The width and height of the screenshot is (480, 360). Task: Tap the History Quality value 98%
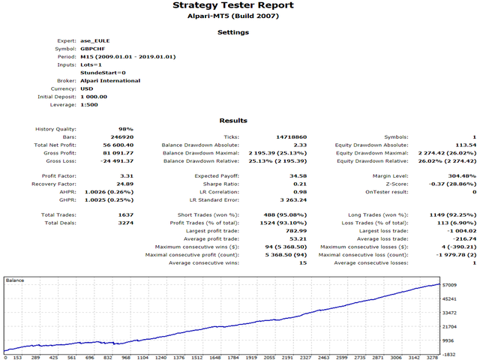pyautogui.click(x=127, y=130)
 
